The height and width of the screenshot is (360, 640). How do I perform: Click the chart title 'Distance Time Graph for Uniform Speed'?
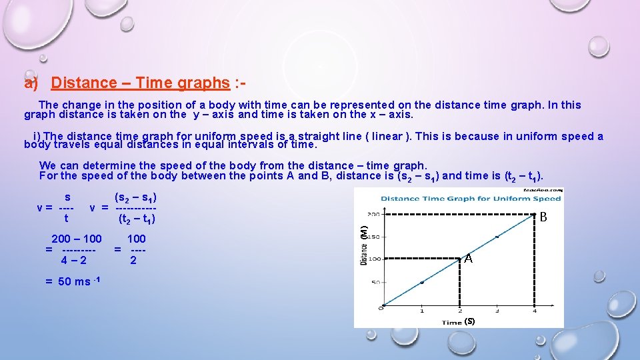point(471,198)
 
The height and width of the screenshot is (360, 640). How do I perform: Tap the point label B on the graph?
point(543,217)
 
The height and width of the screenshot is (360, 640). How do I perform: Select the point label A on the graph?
point(469,259)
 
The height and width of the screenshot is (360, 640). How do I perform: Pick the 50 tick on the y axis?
point(375,282)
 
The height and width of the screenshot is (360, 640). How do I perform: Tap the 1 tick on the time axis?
point(421,310)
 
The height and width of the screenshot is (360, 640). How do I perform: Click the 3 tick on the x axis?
point(497,310)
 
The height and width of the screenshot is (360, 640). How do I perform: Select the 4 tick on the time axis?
point(534,310)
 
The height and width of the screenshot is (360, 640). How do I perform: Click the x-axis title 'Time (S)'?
point(459,321)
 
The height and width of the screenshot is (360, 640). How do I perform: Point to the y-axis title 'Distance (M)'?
point(364,245)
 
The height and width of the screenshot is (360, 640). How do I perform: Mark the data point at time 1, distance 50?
point(421,282)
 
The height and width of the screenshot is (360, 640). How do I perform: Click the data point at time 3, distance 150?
point(497,237)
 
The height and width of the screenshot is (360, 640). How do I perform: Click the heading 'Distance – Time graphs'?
point(140,83)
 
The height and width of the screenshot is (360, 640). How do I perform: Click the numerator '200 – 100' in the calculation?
point(77,239)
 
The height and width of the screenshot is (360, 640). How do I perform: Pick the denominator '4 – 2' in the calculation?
point(73,260)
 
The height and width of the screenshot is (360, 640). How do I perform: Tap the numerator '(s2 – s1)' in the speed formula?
point(136,197)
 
